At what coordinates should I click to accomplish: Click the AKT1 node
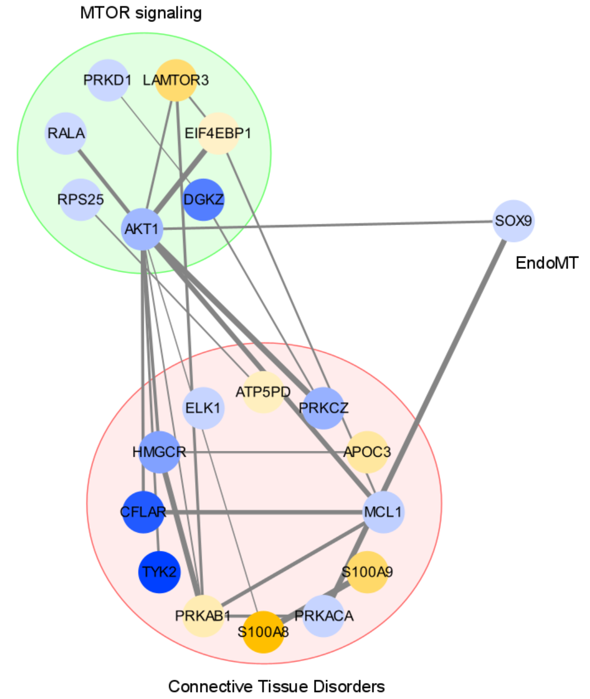click(x=142, y=229)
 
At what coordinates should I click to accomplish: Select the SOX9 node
click(x=513, y=221)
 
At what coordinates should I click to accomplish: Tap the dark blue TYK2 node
click(x=159, y=572)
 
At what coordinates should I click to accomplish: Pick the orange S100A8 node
click(x=263, y=632)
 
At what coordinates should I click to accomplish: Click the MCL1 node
click(x=383, y=512)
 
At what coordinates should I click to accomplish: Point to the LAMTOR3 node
click(x=176, y=80)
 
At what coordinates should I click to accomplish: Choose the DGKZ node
click(x=204, y=199)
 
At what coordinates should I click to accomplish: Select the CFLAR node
click(x=143, y=512)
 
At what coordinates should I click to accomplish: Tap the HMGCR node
click(x=159, y=452)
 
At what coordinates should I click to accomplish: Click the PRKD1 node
click(x=108, y=80)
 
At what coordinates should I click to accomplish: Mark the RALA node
click(x=66, y=133)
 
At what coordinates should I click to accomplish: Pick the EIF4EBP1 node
click(x=218, y=133)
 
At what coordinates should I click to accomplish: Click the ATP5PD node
click(x=263, y=392)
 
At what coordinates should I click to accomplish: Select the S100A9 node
click(x=367, y=572)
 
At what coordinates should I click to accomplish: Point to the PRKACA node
click(x=324, y=616)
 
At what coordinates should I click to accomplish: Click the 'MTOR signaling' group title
click(x=141, y=13)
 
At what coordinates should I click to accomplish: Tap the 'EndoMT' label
click(x=546, y=263)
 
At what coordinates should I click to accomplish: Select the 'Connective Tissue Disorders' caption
click(x=276, y=686)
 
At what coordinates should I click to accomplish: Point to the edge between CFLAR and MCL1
click(x=264, y=512)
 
